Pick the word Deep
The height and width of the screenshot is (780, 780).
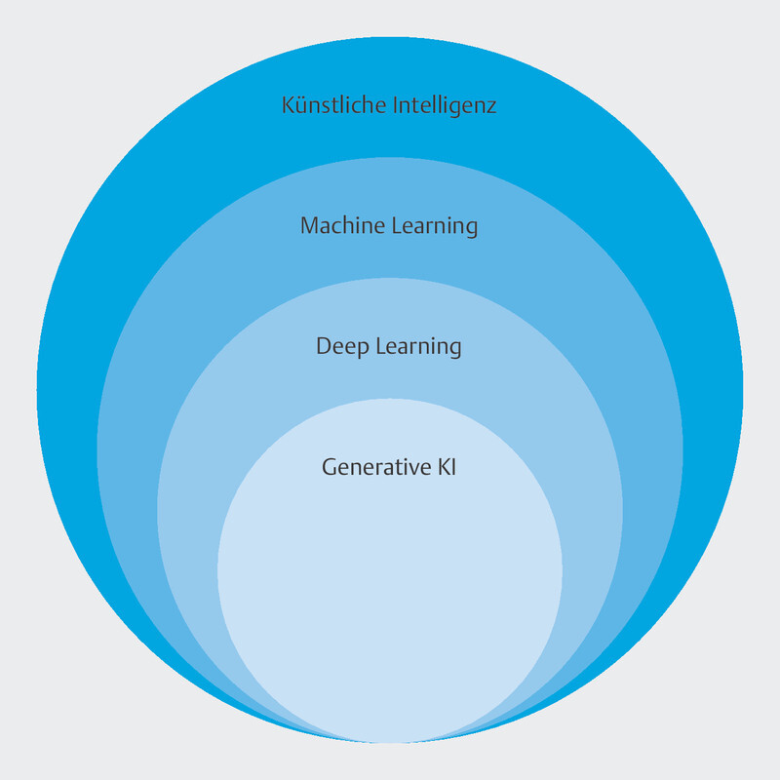(337, 347)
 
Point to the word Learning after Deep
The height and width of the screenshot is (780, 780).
(413, 347)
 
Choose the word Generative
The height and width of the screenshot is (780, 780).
(371, 467)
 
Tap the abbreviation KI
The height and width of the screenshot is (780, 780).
(445, 467)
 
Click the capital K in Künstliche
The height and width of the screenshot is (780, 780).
(288, 105)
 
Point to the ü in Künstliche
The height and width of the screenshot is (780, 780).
(301, 105)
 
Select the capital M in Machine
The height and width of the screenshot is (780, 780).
(309, 226)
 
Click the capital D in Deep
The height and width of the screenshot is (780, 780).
(324, 347)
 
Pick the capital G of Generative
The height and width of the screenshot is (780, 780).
(330, 467)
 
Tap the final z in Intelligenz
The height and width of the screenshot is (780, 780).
(491, 107)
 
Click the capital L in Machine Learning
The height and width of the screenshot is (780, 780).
(394, 226)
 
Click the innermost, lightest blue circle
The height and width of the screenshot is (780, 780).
(390, 604)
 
